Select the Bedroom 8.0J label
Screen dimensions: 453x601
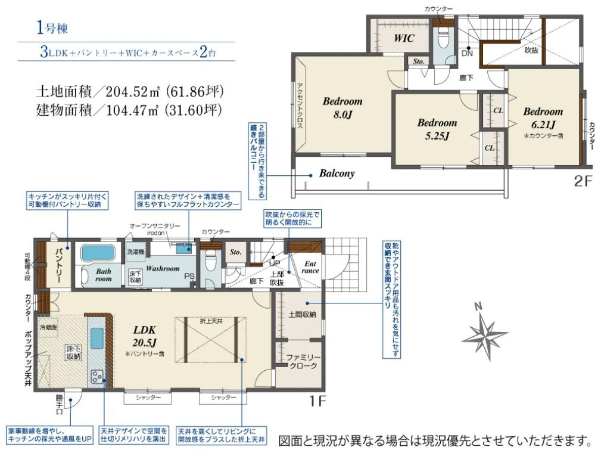coord(342,107)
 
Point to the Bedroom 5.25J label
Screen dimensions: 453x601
coord(437,129)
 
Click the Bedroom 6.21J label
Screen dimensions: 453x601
coord(543,118)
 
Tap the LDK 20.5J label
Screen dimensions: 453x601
coord(145,337)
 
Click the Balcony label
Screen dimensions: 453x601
coord(337,174)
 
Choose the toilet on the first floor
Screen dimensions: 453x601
coord(210,261)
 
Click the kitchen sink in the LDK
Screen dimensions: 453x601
coord(97,334)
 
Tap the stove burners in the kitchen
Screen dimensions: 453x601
coord(97,376)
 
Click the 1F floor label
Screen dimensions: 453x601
coord(317,401)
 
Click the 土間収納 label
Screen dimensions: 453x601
coord(302,314)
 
